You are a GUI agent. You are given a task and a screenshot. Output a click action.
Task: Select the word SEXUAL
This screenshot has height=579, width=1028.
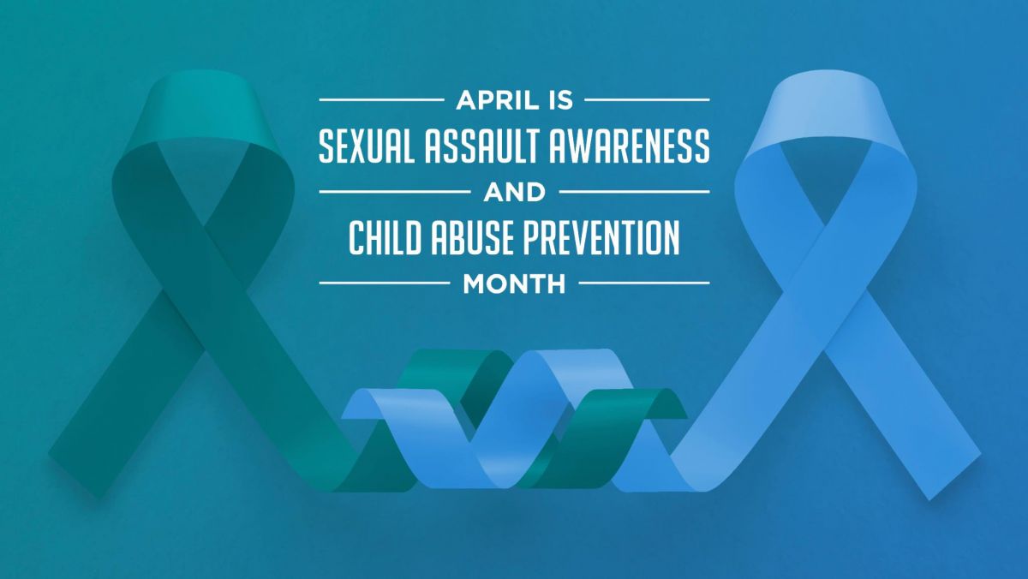[367, 146]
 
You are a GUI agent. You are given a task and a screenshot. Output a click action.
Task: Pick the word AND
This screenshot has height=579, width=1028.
[515, 192]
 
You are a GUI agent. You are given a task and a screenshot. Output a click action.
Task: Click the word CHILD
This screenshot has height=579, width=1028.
[385, 237]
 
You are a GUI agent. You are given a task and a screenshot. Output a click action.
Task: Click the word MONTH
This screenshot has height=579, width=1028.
[515, 284]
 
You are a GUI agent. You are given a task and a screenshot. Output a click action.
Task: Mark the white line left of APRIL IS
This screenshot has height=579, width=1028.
[382, 99]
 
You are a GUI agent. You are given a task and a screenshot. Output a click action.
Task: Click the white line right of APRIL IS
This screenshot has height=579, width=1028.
[647, 99]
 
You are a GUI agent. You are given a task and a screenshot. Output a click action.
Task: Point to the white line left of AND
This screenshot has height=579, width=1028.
[395, 191]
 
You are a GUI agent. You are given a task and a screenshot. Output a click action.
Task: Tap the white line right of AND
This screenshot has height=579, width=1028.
[635, 191]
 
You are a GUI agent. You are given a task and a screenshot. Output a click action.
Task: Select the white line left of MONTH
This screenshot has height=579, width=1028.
[385, 284]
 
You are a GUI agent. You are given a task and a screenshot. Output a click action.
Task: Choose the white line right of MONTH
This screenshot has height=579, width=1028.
[644, 284]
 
